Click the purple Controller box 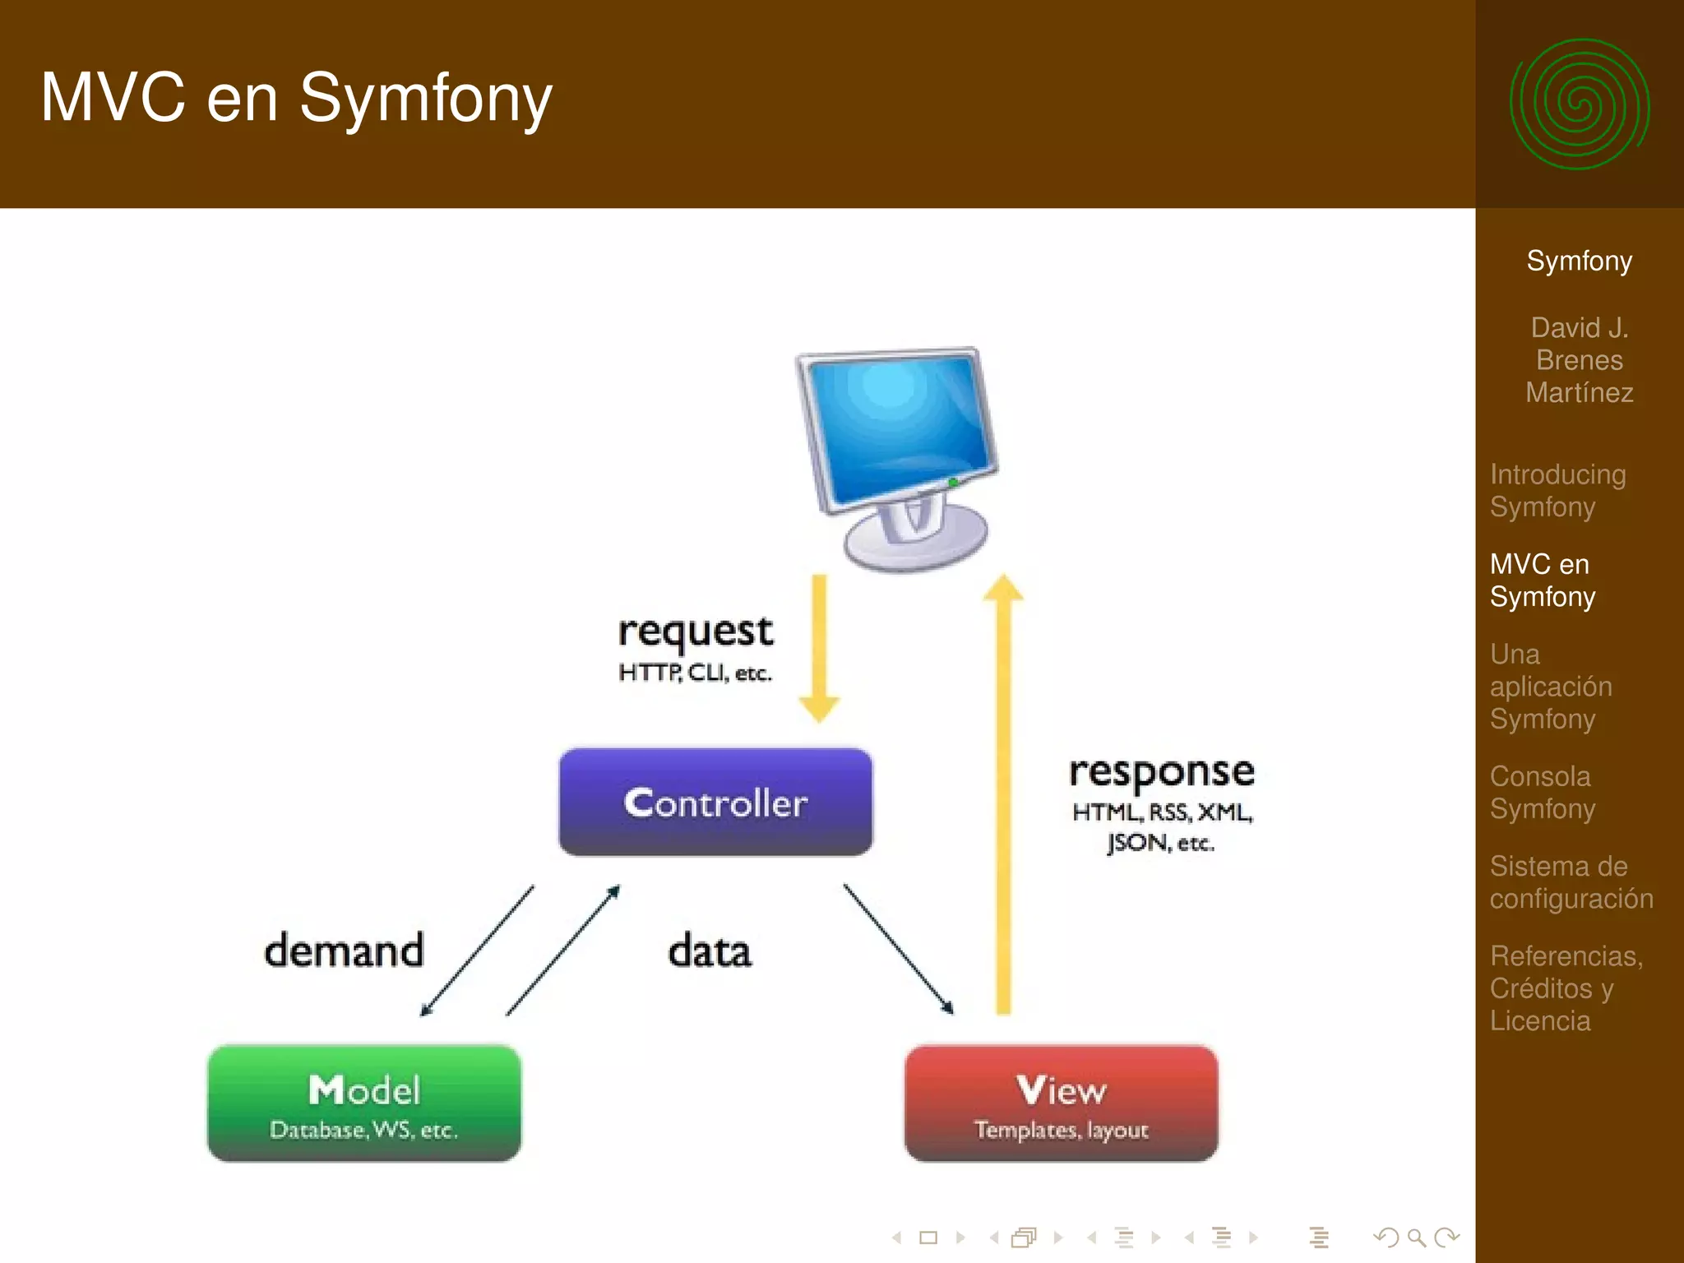coord(715,802)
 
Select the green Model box coord(364,1103)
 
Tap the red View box coord(1061,1103)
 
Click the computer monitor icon coord(900,452)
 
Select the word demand coord(344,951)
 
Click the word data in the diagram coord(709,951)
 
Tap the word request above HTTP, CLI coord(695,631)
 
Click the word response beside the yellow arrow coord(1161,772)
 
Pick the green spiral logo coord(1579,104)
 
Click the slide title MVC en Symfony coord(296,98)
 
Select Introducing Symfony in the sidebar coord(1557,490)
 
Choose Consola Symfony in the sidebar coord(1542,792)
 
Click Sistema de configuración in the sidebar coord(1571,881)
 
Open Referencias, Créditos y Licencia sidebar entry coord(1565,988)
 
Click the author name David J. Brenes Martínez coord(1579,360)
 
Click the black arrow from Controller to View coord(898,949)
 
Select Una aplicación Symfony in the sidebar coord(1550,686)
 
